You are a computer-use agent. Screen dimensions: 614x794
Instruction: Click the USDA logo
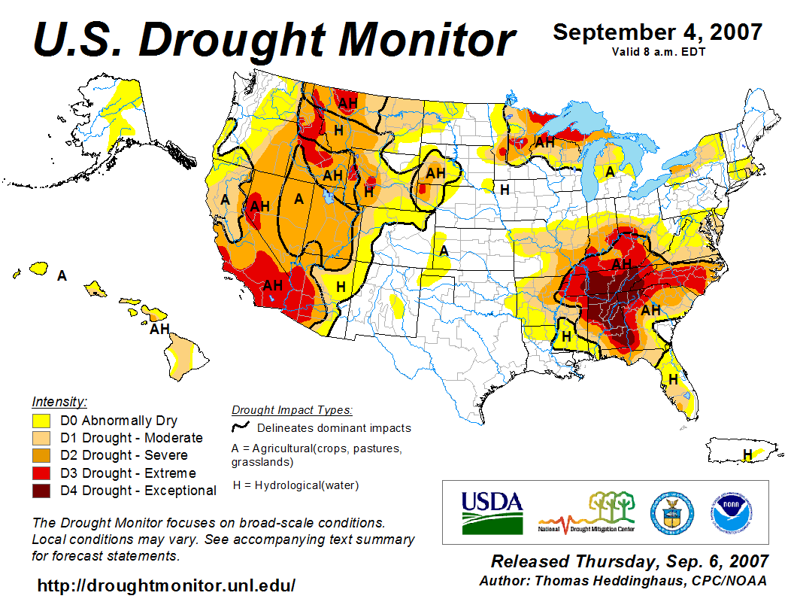coord(492,512)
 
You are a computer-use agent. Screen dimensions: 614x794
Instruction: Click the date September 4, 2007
coord(657,32)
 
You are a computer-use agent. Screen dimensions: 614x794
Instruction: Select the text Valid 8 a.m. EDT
coord(657,51)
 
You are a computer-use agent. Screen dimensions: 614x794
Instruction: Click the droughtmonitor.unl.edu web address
coord(166,585)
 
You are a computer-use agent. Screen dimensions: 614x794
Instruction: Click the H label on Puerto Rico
coord(747,454)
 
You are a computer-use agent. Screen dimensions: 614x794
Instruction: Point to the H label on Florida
coord(673,378)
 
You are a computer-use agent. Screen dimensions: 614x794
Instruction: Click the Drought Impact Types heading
coord(291,410)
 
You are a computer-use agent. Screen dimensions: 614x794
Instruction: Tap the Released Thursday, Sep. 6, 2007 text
coord(629,561)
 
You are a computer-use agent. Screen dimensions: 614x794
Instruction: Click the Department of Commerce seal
coord(671,513)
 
